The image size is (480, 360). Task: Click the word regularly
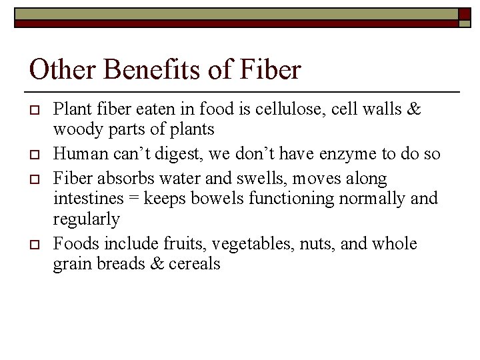(x=87, y=219)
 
